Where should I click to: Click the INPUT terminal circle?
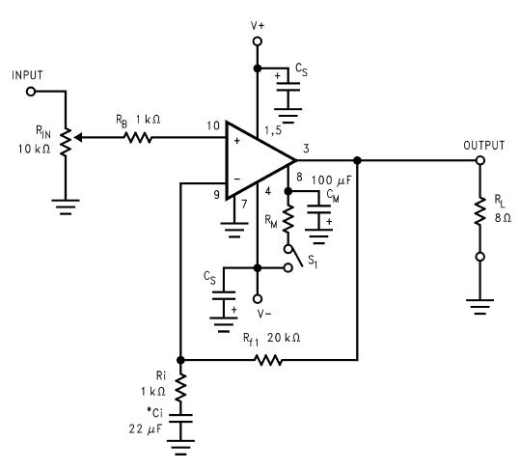[x=31, y=92]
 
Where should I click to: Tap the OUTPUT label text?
[x=484, y=146]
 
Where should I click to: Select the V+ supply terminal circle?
[x=258, y=41]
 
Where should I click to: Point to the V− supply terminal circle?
[x=258, y=299]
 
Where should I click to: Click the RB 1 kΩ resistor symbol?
[x=138, y=137]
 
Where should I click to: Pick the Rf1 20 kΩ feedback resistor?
[x=268, y=360]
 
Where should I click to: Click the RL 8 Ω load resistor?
[x=479, y=211]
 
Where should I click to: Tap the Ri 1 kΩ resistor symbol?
[x=180, y=387]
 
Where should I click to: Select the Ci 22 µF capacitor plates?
[x=180, y=418]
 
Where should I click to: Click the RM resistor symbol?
[x=288, y=218]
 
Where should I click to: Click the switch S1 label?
[x=313, y=262]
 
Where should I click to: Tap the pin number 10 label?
[x=213, y=126]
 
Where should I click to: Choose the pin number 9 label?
[x=216, y=195]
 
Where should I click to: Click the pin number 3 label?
[x=306, y=149]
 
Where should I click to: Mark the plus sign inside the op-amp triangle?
[x=236, y=141]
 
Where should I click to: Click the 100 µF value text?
[x=331, y=180]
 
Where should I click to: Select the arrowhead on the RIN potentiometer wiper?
[x=77, y=137]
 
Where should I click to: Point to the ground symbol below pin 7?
[x=234, y=230]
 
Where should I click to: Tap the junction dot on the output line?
[x=357, y=160]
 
